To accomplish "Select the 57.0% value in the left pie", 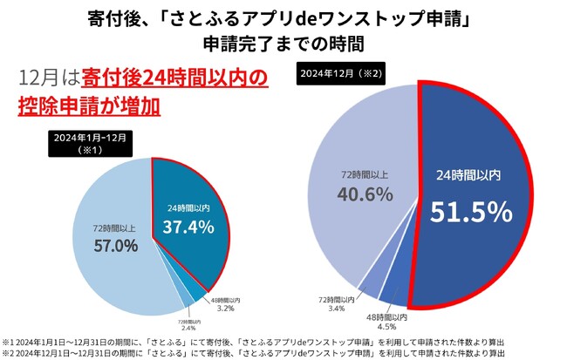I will [x=115, y=245].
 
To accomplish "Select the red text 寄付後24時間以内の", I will [x=173, y=79].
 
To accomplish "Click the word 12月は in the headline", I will [x=49, y=79].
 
